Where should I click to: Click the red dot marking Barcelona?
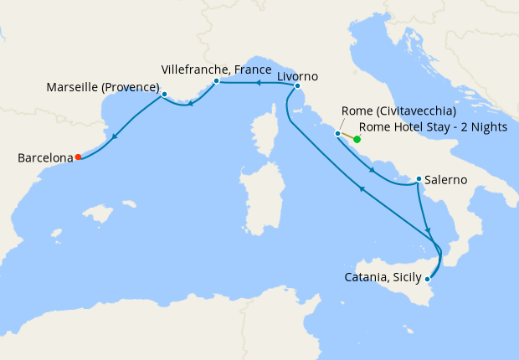78,157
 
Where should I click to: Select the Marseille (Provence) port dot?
164,94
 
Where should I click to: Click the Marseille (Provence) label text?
103,87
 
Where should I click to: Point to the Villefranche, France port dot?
216,81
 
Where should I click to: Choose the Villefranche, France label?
216,69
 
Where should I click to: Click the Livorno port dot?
297,85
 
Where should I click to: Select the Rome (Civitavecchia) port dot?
337,133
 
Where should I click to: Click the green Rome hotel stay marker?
357,140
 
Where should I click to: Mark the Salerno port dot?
419,178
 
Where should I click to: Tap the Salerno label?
446,179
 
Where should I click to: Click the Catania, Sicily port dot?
427,278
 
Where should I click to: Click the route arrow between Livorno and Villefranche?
257,82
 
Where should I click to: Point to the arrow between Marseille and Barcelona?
114,136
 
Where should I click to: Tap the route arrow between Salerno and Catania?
428,229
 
